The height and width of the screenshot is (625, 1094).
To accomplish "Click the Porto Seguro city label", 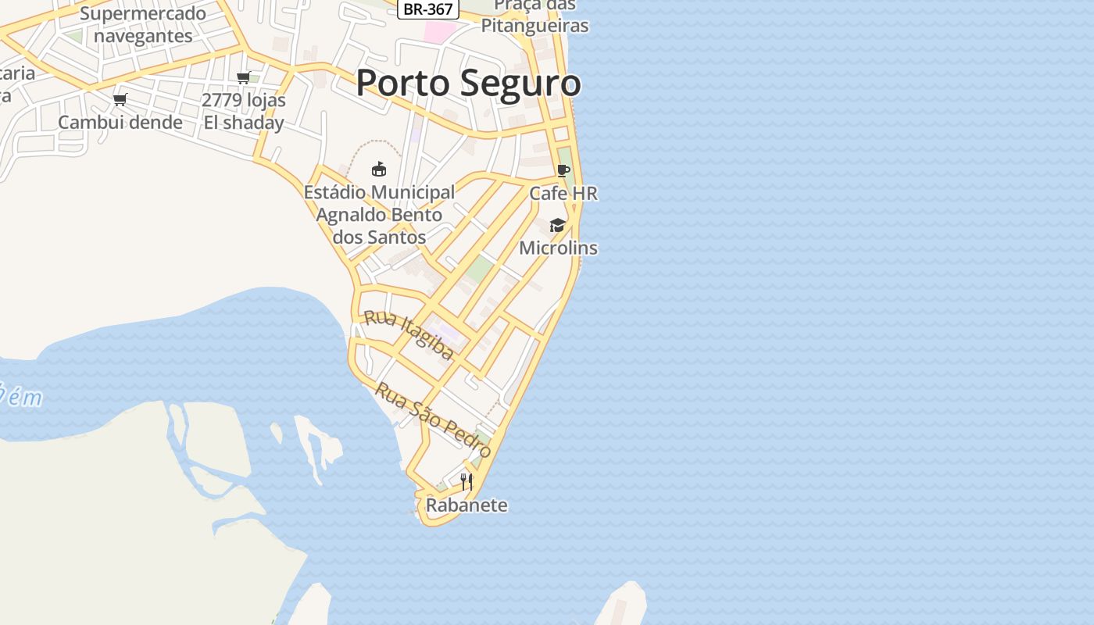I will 468,84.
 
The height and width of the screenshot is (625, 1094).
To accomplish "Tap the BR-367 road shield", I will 428,9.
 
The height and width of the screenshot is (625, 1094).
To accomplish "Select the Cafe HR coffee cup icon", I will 563,171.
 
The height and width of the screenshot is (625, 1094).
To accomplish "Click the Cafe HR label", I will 563,193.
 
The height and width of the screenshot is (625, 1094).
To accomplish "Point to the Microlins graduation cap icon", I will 557,226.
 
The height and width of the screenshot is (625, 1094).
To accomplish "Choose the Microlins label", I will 559,248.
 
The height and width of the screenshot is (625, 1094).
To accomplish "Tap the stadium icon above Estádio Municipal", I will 379,169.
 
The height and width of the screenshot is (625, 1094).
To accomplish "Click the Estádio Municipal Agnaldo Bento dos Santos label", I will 379,215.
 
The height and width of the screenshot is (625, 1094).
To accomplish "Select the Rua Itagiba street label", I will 409,335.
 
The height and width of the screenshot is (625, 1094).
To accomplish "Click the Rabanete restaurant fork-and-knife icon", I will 467,482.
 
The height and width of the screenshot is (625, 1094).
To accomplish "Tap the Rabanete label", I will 467,505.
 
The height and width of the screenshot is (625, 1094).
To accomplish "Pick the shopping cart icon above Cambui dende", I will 120,99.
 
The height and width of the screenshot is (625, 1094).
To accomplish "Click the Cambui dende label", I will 120,123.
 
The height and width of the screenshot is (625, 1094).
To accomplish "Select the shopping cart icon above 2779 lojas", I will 243,77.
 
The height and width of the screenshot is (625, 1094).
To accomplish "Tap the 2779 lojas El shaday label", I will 244,112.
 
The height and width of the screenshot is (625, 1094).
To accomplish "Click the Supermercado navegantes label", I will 143,24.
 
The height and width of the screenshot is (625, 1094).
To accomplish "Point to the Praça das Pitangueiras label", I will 534,16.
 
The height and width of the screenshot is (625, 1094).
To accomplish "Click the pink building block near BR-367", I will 439,32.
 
